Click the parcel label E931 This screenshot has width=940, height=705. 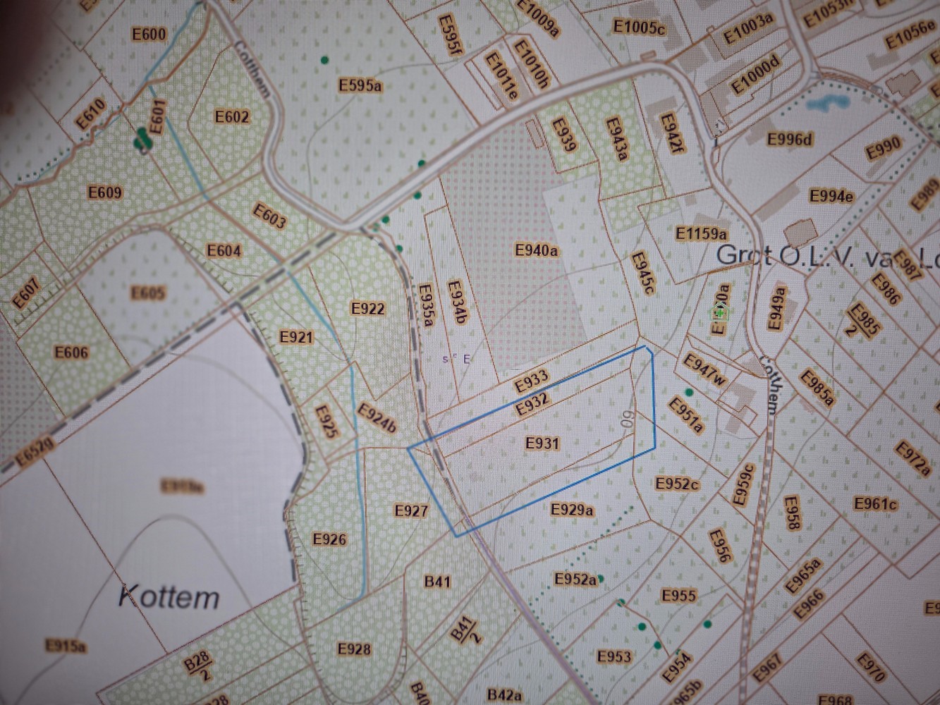[542, 443]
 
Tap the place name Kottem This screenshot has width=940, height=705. [169, 597]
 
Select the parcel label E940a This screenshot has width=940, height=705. [537, 250]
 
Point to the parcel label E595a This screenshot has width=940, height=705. [360, 85]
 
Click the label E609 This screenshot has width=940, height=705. [104, 192]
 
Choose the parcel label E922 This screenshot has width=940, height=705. [367, 308]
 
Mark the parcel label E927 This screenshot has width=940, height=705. [411, 510]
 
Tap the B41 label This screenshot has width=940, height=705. [437, 581]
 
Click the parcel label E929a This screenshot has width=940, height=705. [572, 508]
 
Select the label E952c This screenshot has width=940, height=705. [677, 484]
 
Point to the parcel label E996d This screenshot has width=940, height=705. [790, 138]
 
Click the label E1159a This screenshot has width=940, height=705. [701, 233]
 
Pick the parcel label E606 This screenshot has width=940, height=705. [71, 352]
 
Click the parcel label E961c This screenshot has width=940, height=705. [875, 503]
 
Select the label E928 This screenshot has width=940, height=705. [354, 648]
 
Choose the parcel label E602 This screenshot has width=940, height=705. [232, 116]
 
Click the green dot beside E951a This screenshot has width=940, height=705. [689, 392]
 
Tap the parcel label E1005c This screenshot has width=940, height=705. [639, 27]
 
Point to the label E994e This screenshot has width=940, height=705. [831, 195]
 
